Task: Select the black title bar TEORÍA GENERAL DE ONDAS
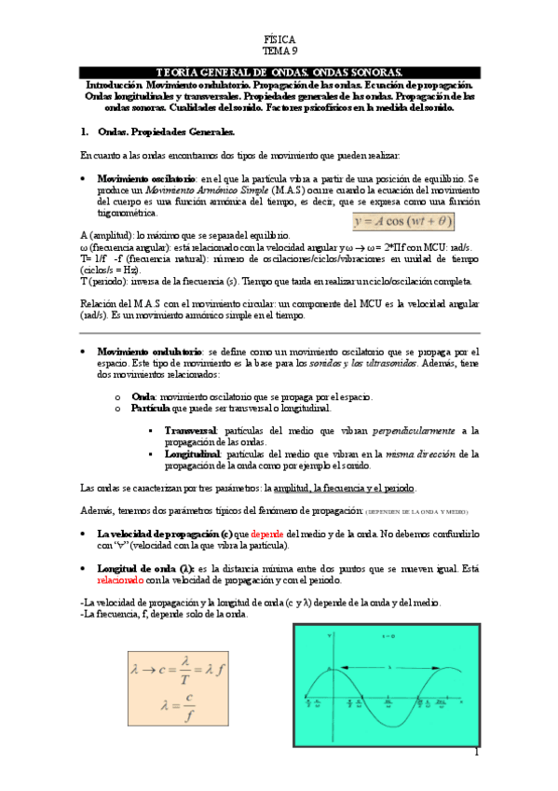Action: coord(279,73)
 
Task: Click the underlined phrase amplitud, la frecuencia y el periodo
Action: coord(346,489)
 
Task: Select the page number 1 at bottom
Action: coord(476,752)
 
